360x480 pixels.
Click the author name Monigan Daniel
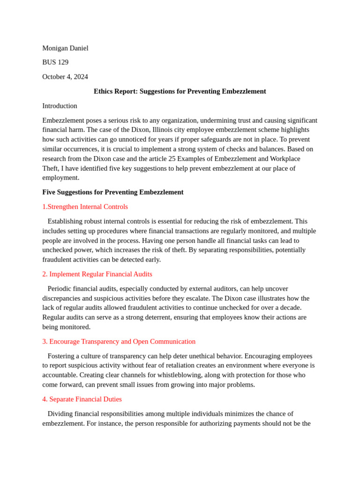(x=65, y=48)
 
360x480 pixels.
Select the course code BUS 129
(x=55, y=62)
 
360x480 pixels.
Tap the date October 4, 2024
(x=65, y=77)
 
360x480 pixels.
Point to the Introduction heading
(x=60, y=106)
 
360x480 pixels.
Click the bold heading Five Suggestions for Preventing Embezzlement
(x=113, y=192)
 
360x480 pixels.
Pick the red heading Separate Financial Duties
(x=82, y=399)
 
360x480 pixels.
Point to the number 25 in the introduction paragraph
(x=172, y=158)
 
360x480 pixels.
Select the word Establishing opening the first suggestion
(x=66, y=221)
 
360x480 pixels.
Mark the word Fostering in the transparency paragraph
(x=62, y=356)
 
